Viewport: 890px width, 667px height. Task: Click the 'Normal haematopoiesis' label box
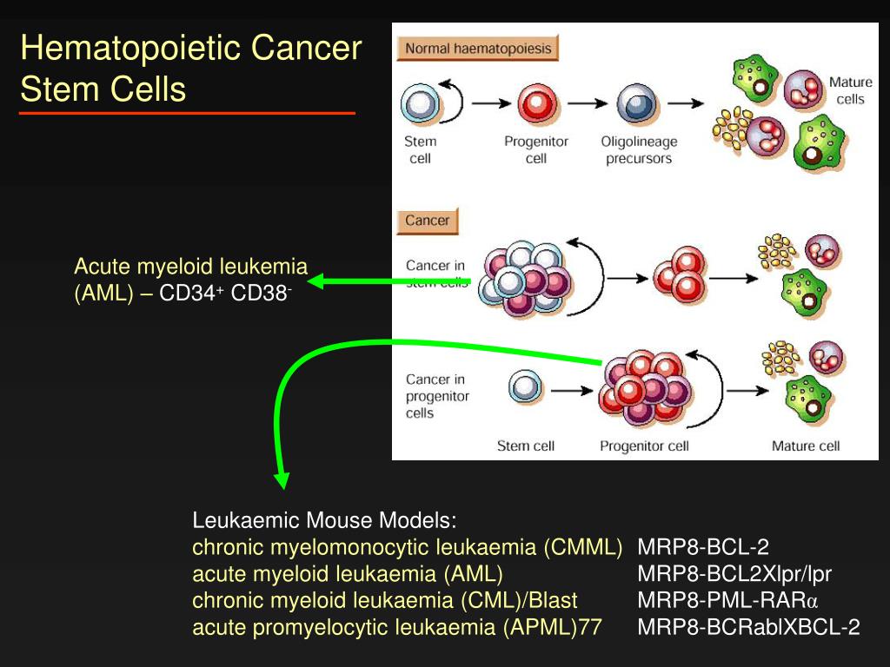(477, 49)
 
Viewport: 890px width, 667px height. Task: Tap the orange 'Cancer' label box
(427, 221)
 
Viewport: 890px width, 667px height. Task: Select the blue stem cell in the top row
(420, 104)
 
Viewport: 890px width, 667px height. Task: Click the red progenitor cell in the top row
(535, 104)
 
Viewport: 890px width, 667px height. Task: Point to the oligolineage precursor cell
(634, 104)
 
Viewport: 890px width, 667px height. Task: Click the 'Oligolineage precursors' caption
(638, 150)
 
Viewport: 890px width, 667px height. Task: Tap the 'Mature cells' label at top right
(850, 90)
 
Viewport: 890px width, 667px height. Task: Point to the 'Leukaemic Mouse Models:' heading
(324, 521)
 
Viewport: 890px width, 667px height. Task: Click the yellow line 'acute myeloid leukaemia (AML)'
(348, 574)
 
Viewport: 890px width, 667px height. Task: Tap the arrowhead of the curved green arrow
(281, 480)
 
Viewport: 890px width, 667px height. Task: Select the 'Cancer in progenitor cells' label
(437, 396)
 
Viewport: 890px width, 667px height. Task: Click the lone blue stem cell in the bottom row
(525, 387)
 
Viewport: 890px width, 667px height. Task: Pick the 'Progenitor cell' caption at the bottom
(644, 446)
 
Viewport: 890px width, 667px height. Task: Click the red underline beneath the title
(187, 113)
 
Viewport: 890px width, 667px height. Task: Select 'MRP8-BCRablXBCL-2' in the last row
(748, 627)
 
